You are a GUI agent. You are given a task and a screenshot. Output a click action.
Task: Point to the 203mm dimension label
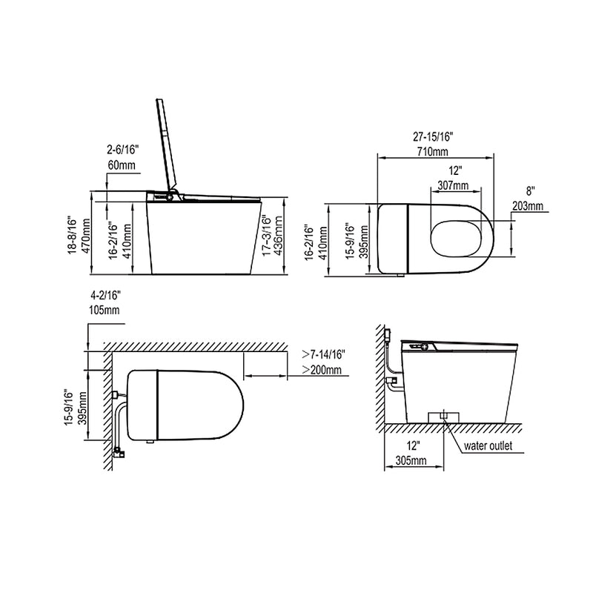528,205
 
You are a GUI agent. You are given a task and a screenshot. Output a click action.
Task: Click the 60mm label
120,165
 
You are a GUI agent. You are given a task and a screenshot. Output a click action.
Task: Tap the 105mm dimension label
103,310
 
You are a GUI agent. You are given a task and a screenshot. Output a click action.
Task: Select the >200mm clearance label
322,370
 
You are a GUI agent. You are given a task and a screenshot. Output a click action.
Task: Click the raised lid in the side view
168,145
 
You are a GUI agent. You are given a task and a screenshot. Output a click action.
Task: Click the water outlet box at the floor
443,415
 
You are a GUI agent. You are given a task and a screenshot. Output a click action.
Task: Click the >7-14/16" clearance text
324,354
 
